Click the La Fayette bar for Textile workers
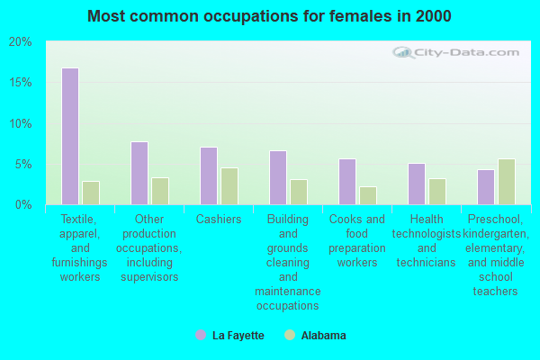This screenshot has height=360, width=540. point(70,136)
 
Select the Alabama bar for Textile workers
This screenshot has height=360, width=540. point(91,193)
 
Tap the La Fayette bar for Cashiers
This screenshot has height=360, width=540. point(209,175)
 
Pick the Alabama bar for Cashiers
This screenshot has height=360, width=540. point(229,185)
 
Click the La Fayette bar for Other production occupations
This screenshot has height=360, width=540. point(139,173)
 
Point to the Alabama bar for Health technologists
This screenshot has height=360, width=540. point(437,191)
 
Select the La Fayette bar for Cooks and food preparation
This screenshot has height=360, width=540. point(347,181)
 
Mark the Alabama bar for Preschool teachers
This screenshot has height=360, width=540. point(507,182)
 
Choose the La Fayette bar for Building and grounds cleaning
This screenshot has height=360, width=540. point(278,177)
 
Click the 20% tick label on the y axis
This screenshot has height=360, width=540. point(20,42)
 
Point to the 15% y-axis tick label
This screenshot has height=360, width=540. point(20,83)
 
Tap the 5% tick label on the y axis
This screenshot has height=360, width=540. point(23,165)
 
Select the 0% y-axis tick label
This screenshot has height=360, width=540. point(23,205)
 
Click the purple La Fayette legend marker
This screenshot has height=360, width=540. point(201,335)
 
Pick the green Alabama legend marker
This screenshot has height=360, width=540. point(290,335)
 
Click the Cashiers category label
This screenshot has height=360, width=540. point(219,220)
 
